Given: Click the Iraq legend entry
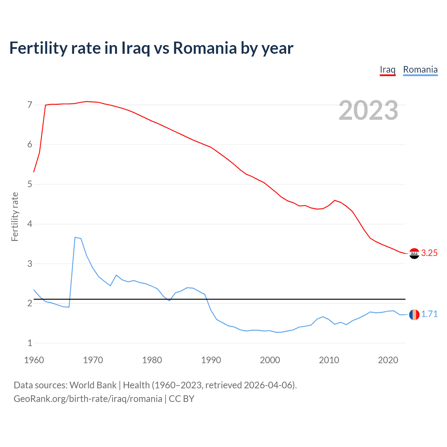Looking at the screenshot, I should point(387,69).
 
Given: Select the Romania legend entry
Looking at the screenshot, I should point(420,69).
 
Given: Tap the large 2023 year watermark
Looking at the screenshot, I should point(368,110).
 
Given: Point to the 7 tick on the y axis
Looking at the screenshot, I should point(30,105).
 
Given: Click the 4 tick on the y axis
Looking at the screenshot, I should point(30,224).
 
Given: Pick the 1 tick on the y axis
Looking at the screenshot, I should point(30,343).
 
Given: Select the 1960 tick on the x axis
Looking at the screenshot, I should point(34,360).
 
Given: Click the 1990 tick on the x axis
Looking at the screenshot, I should point(211,360).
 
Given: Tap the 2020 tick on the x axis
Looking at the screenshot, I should point(388,360).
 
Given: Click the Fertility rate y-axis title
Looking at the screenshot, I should point(15,217).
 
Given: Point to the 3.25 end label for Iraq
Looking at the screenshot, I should point(429,253).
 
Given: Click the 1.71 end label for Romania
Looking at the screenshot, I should point(429,314).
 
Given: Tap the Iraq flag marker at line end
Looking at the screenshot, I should point(414,254).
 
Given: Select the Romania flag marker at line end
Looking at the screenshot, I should point(414,315).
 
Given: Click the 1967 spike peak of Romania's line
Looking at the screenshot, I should point(75,237).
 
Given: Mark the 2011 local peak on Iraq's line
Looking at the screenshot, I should point(335,200).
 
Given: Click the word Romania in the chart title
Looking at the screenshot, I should point(205,48).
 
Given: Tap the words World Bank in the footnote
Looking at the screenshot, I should point(93,385).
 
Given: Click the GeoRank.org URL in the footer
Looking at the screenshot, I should point(88,399).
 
